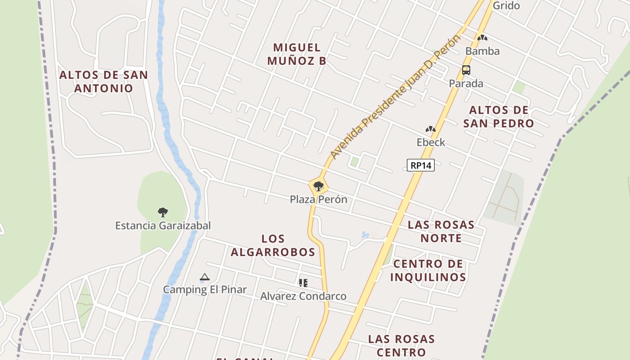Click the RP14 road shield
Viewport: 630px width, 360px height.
click(421, 165)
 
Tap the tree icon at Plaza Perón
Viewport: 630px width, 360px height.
click(319, 186)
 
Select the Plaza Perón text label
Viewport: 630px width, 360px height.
click(319, 199)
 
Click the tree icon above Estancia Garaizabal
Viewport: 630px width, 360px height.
click(163, 212)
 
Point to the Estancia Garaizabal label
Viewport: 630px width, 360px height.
click(163, 225)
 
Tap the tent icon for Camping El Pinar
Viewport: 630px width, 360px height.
click(205, 277)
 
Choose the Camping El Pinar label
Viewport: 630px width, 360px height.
click(205, 289)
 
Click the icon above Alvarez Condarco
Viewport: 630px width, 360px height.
click(303, 283)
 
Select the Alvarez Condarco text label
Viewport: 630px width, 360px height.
click(303, 296)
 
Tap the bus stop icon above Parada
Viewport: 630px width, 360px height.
click(466, 70)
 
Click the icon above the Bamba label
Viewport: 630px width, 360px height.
click(482, 38)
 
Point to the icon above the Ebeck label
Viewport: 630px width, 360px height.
click(431, 130)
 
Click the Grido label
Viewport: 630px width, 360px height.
click(506, 6)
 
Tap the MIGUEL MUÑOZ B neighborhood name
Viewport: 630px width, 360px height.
click(297, 54)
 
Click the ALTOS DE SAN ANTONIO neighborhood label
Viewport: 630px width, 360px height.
click(104, 81)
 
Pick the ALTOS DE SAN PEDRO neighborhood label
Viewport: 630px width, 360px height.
click(499, 117)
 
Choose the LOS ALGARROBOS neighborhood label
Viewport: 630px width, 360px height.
click(273, 245)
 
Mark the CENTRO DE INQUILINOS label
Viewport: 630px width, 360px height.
click(428, 270)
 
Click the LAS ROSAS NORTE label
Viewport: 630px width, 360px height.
click(441, 231)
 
